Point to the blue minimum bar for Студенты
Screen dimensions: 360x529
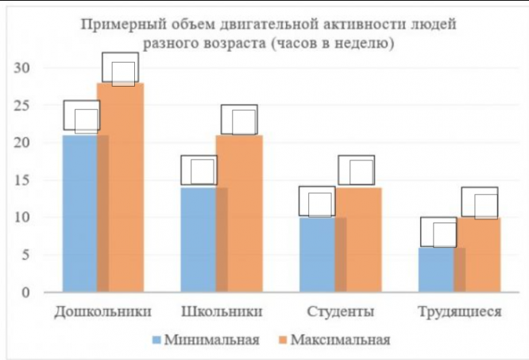coord(316,254)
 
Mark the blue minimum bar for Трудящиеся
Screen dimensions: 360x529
coord(436,269)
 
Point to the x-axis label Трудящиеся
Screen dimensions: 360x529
coord(459,311)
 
